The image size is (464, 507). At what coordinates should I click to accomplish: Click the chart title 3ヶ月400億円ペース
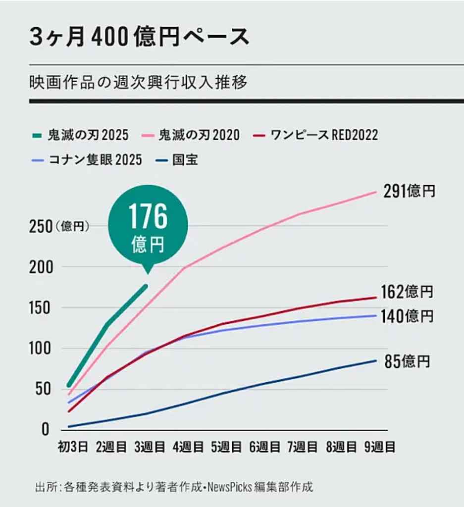139,38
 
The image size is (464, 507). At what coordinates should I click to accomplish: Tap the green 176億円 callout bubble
148,226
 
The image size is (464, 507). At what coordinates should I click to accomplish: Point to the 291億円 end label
409,192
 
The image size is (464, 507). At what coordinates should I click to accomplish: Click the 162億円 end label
407,292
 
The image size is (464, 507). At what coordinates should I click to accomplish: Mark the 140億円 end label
407,316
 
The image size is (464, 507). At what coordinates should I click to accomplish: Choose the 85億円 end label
407,362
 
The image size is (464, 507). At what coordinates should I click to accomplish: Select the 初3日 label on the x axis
72,448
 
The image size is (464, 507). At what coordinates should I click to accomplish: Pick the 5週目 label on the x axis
226,448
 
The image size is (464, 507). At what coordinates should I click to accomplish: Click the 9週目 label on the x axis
379,448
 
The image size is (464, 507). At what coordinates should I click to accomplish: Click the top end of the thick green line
146,286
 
